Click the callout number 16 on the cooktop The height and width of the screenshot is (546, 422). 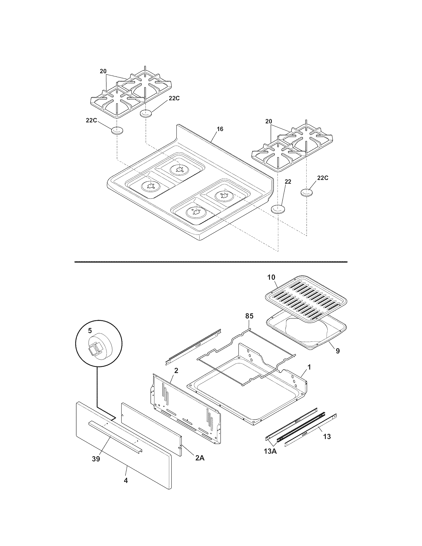[220, 129]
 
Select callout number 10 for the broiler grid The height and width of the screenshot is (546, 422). [271, 277]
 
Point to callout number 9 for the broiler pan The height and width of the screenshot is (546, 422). [338, 351]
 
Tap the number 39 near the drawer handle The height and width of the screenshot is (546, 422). [96, 459]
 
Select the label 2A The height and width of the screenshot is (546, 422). [200, 458]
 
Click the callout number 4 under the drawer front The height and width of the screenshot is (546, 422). [126, 480]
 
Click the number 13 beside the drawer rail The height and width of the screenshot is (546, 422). [327, 437]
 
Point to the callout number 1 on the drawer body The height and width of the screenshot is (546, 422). [309, 367]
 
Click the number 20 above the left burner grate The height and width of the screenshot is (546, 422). [103, 71]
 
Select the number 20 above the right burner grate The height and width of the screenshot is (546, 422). [268, 122]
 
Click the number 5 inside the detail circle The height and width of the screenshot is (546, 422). [90, 331]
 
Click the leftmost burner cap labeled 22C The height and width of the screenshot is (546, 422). [117, 131]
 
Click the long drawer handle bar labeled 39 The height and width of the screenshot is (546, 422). [115, 434]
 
